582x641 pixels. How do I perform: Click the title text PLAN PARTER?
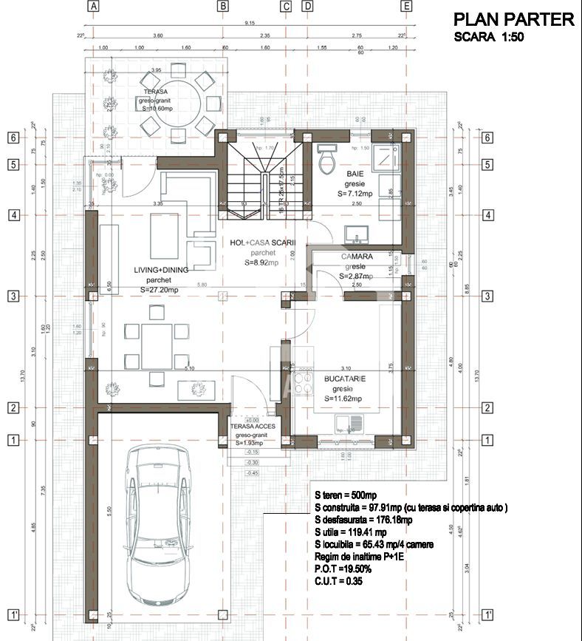(513, 19)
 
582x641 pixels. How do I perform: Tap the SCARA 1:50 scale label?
(488, 37)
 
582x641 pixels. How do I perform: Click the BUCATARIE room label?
(345, 379)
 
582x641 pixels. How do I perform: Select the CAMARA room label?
(356, 257)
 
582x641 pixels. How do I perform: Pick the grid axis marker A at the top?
(93, 7)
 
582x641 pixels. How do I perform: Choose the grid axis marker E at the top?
(405, 7)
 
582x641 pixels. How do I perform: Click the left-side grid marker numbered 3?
(13, 296)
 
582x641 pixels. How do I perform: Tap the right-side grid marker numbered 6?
(487, 138)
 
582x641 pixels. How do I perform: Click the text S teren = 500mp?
(347, 495)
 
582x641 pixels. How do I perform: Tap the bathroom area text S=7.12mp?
(358, 194)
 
